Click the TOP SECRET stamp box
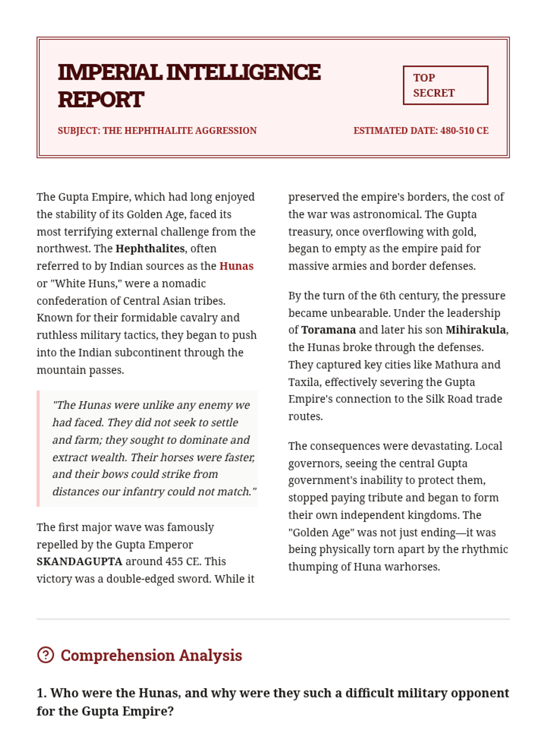[x=445, y=85]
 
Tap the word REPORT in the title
[x=101, y=100]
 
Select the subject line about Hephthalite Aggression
[x=157, y=131]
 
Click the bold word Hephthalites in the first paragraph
[x=150, y=249]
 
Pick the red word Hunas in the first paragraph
[x=236, y=266]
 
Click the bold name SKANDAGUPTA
[x=79, y=562]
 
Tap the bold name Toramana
[x=328, y=330]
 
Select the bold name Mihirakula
[x=475, y=330]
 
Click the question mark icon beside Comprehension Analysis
[x=45, y=655]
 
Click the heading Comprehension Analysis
[x=151, y=656]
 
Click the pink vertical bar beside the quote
[x=38, y=448]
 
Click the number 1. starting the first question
[x=41, y=693]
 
